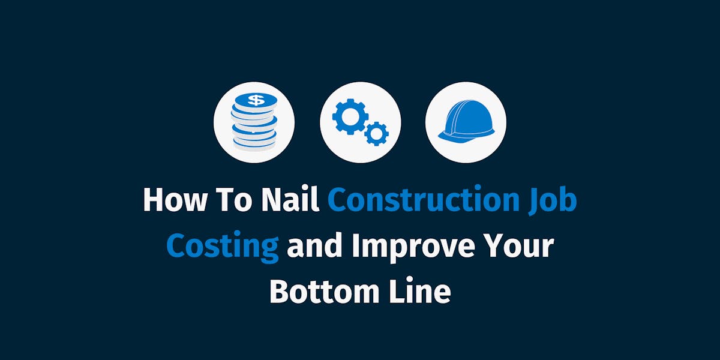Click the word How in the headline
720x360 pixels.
tap(170, 200)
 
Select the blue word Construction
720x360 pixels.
tap(423, 200)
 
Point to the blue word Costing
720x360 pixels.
tap(222, 247)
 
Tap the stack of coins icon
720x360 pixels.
tap(254, 122)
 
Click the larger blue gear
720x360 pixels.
tap(348, 116)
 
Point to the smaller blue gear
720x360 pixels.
tap(376, 133)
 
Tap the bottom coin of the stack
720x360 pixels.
tap(254, 142)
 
